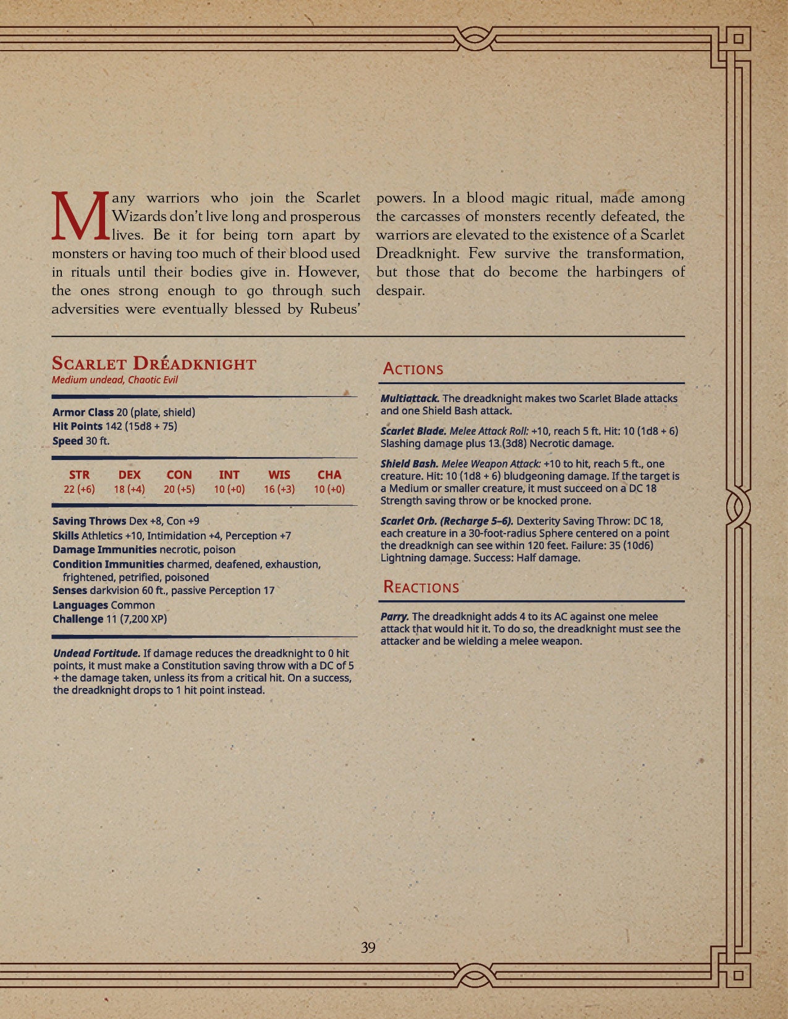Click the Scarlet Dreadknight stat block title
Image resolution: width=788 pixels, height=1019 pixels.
[x=154, y=363]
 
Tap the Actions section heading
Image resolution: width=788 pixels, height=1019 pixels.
[x=413, y=369]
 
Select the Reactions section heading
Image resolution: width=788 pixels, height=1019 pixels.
[x=421, y=587]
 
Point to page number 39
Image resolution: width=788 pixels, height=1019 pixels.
[x=368, y=947]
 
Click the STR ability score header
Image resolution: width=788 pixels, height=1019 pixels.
[x=79, y=475]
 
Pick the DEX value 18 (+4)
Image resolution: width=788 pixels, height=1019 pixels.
[x=129, y=489]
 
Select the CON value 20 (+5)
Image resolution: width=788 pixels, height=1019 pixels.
[x=179, y=489]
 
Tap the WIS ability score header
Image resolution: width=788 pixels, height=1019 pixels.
[x=279, y=475]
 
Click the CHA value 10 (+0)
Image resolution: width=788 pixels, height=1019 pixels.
[x=329, y=489]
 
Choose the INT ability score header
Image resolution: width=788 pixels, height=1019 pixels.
[x=229, y=475]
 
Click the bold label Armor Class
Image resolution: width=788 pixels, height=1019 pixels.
[x=83, y=412]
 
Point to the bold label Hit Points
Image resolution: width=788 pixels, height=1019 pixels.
[x=77, y=426]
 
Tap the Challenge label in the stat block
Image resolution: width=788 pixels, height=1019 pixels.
[x=78, y=619]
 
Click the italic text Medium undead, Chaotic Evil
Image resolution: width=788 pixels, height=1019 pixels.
[x=115, y=380]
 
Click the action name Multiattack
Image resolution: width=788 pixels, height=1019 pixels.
[x=410, y=398]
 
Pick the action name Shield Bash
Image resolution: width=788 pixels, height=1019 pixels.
[x=409, y=464]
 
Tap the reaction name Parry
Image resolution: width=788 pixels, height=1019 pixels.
[x=394, y=616]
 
